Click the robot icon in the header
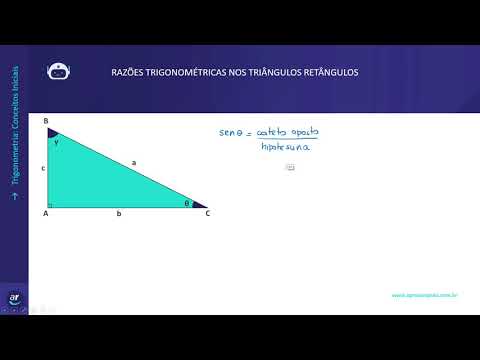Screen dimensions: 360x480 click(x=58, y=71)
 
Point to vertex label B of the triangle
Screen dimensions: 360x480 click(x=46, y=121)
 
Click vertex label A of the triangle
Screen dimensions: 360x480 click(x=46, y=213)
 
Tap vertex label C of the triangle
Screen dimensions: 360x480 click(x=207, y=213)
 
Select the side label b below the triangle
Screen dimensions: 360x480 click(x=119, y=214)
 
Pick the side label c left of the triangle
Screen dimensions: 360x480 click(x=43, y=169)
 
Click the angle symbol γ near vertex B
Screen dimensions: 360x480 click(x=56, y=142)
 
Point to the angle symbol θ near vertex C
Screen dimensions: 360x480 click(x=186, y=202)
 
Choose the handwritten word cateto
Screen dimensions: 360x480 click(x=272, y=131)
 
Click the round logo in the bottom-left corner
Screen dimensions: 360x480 click(x=14, y=299)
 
